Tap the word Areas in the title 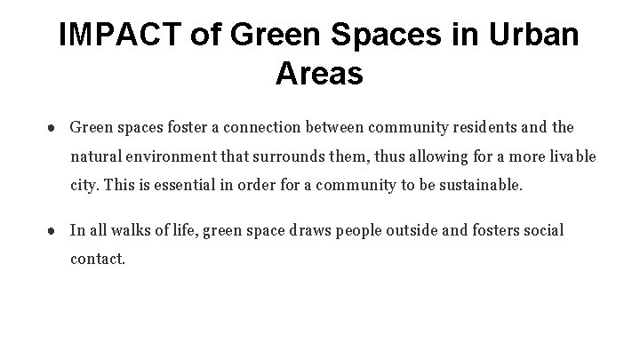(x=319, y=74)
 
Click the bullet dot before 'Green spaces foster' (x=55, y=127)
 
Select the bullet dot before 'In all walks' (x=55, y=231)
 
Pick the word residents (x=485, y=127)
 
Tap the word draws (x=310, y=231)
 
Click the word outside (x=413, y=231)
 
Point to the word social (x=542, y=231)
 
